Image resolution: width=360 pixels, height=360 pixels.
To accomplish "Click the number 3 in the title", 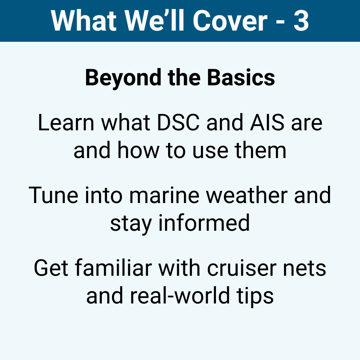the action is tap(301, 21).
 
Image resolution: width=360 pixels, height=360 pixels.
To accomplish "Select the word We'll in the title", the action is tap(154, 21).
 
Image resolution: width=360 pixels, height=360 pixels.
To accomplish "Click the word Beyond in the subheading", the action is tap(123, 78).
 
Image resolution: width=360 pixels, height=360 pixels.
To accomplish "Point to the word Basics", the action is tap(241, 78).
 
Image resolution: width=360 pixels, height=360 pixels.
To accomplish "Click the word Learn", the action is tap(66, 123).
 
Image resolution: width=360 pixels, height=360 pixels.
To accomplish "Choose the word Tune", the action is tap(53, 195).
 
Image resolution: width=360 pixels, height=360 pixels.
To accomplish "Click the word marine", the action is tap(165, 195).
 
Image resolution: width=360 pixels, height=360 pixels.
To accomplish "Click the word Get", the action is tap(51, 268).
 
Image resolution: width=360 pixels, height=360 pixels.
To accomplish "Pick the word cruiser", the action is tap(242, 268).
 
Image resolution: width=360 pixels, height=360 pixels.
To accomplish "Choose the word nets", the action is tap(305, 269).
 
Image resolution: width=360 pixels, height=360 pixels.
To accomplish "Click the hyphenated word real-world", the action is tap(180, 295).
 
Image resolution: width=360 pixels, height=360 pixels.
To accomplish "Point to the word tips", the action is tap(255, 296).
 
